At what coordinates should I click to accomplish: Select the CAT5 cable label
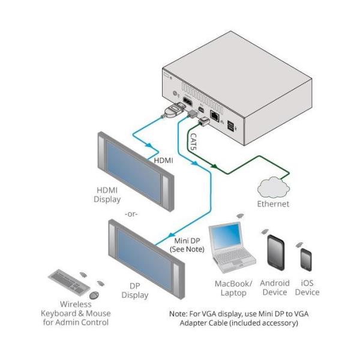194,144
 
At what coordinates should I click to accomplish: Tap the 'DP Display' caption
134,290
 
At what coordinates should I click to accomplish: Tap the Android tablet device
274,254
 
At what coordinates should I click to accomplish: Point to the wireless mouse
94,295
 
